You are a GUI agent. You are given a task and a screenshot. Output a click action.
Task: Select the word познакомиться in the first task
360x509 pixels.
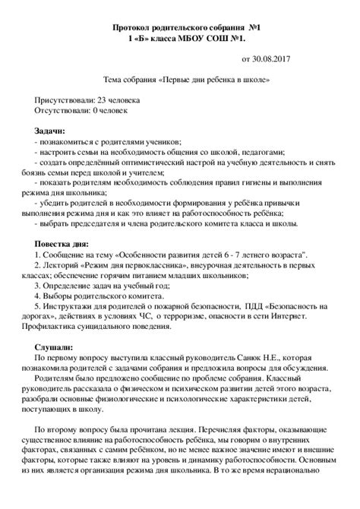pyautogui.click(x=65, y=142)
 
